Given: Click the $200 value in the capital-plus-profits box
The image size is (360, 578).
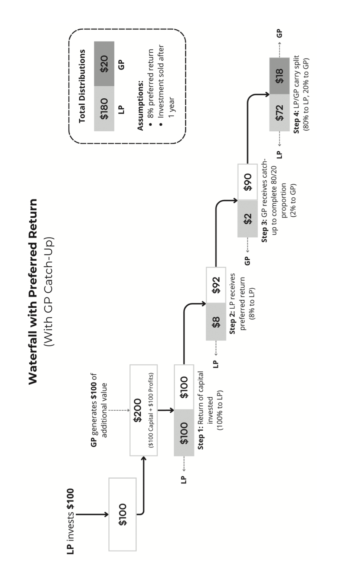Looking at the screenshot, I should pos(138,410).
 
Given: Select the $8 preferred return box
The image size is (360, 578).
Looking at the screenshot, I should pos(216,322).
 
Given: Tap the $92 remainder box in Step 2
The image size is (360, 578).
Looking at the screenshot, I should pos(216,285).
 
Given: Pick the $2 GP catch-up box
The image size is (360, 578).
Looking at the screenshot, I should pos(248,219).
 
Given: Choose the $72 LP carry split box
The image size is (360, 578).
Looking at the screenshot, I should pos(279,113).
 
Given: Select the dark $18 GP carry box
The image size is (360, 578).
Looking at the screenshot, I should pos(279,76).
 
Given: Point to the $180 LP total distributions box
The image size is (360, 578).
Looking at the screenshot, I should pos(104,108).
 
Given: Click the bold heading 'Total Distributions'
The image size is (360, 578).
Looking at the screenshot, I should pos(82,86).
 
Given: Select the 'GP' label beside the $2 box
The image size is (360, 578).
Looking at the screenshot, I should pos(248,261).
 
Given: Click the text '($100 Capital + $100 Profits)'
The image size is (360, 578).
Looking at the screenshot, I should pos(150,410).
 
